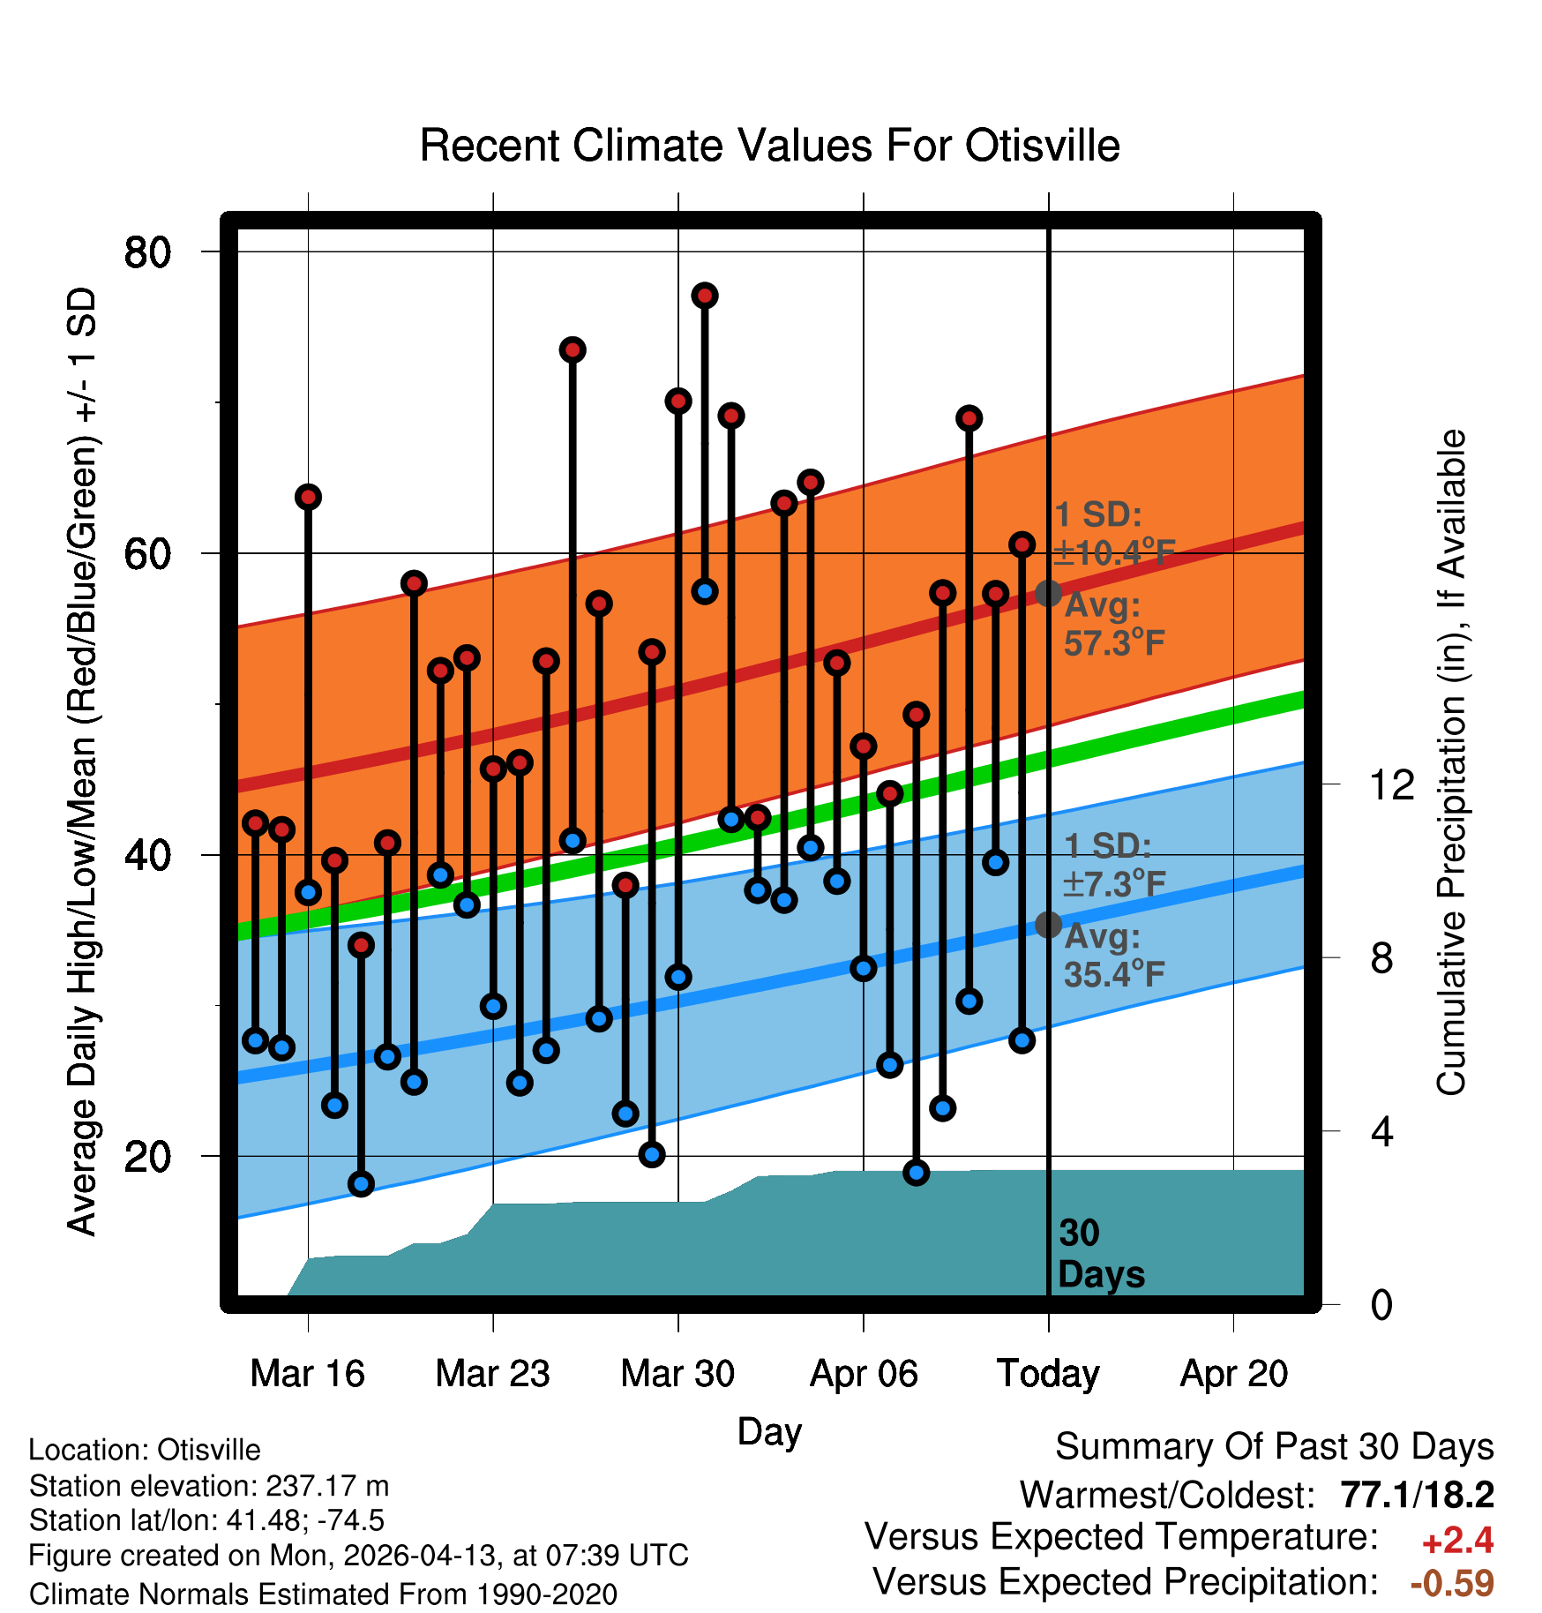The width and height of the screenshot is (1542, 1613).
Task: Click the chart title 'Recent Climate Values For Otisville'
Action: pos(769,146)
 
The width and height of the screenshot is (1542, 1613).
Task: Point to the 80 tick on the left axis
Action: pos(147,252)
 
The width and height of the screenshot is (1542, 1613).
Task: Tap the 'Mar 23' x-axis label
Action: pos(492,1374)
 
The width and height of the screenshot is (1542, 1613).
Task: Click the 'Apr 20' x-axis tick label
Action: pos(1233,1374)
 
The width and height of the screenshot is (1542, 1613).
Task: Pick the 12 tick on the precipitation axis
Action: pos(1391,784)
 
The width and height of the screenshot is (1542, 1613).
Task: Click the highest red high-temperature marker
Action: pos(704,296)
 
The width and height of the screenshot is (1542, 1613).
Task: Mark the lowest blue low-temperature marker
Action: pos(361,1183)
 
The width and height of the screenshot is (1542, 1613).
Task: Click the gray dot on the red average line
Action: pos(1048,593)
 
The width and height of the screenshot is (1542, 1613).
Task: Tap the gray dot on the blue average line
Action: pos(1048,925)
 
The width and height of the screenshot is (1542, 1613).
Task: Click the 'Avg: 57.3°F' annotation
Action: pos(1114,624)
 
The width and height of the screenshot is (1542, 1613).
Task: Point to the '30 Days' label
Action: pos(1101,1254)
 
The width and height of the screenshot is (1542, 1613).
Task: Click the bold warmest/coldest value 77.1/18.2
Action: pos(1417,1495)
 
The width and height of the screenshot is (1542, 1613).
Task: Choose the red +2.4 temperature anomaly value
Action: pos(1457,1541)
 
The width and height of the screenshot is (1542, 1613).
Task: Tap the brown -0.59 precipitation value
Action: pos(1452,1583)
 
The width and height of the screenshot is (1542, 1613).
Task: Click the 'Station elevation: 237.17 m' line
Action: pos(209,1486)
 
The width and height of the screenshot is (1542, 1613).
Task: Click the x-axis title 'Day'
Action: pos(769,1432)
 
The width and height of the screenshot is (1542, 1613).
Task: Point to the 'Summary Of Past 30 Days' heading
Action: pos(1275,1447)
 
